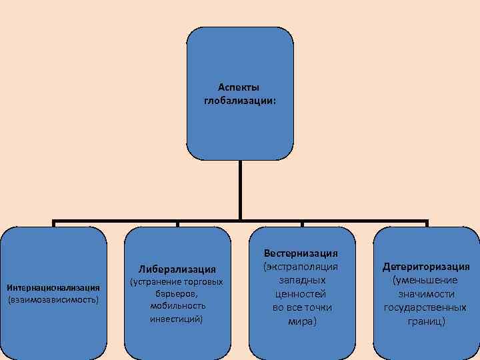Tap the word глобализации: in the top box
(239, 101)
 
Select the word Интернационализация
(53, 287)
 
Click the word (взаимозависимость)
(53, 300)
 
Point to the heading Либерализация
(177, 269)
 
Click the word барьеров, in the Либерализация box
(177, 294)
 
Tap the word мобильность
(177, 306)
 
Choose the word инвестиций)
(177, 319)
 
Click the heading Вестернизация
(301, 253)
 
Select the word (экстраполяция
(301, 267)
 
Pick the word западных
(301, 280)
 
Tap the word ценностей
(301, 293)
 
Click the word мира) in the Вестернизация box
(301, 321)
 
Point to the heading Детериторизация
(426, 267)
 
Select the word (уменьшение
(426, 280)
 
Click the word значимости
(426, 294)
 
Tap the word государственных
(426, 307)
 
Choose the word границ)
(426, 321)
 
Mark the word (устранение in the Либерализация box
(151, 282)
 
